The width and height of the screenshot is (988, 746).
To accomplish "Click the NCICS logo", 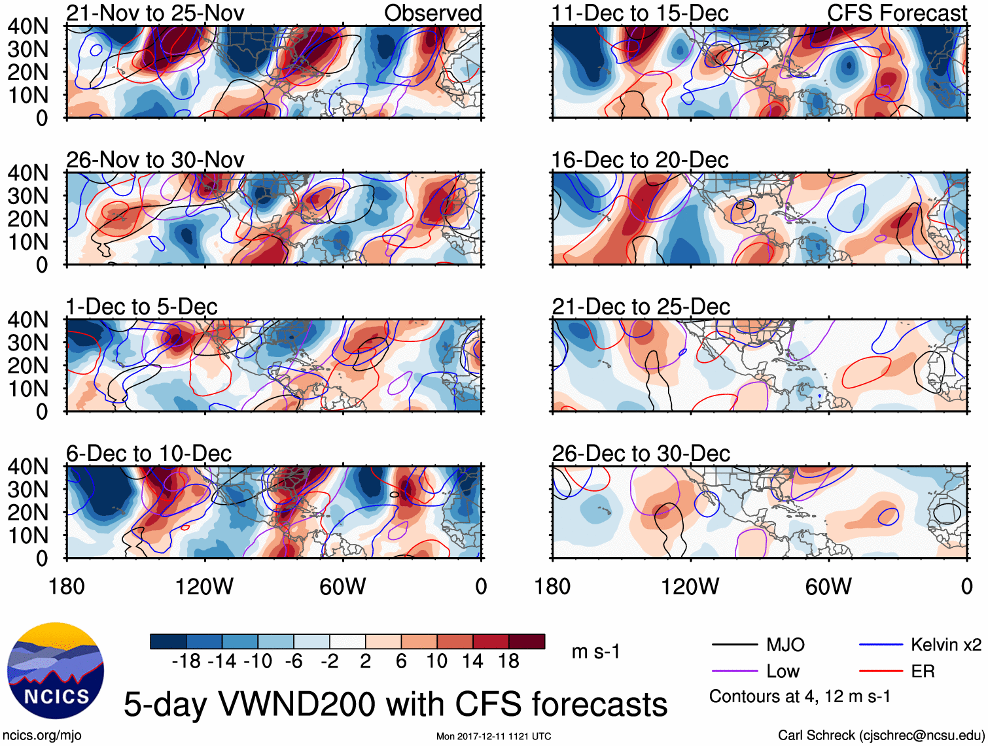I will pyautogui.click(x=56, y=671).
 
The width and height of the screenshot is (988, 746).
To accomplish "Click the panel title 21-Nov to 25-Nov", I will pyautogui.click(x=155, y=13).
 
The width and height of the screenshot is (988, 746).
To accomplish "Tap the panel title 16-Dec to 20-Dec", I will pyautogui.click(x=640, y=160).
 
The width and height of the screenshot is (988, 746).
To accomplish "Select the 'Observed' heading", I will pyautogui.click(x=432, y=13).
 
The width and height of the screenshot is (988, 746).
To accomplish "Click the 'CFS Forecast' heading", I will pyautogui.click(x=896, y=13).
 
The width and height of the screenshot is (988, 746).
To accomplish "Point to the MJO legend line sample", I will pyautogui.click(x=735, y=645).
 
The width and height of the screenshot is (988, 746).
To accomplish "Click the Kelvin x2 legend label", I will pyautogui.click(x=945, y=645).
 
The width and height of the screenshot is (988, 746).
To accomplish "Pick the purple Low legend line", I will pyautogui.click(x=735, y=671).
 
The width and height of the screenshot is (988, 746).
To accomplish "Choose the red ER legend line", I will pyautogui.click(x=881, y=671).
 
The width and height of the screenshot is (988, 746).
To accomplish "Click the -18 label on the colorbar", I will pyautogui.click(x=186, y=662).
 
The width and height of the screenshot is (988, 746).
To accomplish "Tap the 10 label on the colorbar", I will pyautogui.click(x=437, y=662).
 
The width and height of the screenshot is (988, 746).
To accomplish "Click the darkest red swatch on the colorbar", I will pyautogui.click(x=527, y=641).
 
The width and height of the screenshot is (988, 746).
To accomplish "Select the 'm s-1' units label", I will pyautogui.click(x=595, y=652).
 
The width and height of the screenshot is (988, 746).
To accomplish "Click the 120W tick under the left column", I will pyautogui.click(x=204, y=586).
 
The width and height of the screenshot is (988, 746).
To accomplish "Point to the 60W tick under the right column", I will pyautogui.click(x=828, y=586).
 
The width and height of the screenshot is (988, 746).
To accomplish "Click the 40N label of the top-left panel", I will pyautogui.click(x=28, y=26).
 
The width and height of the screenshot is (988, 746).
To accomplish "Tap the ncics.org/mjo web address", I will pyautogui.click(x=42, y=736).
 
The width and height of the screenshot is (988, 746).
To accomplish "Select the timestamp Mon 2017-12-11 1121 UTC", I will pyautogui.click(x=493, y=736).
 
